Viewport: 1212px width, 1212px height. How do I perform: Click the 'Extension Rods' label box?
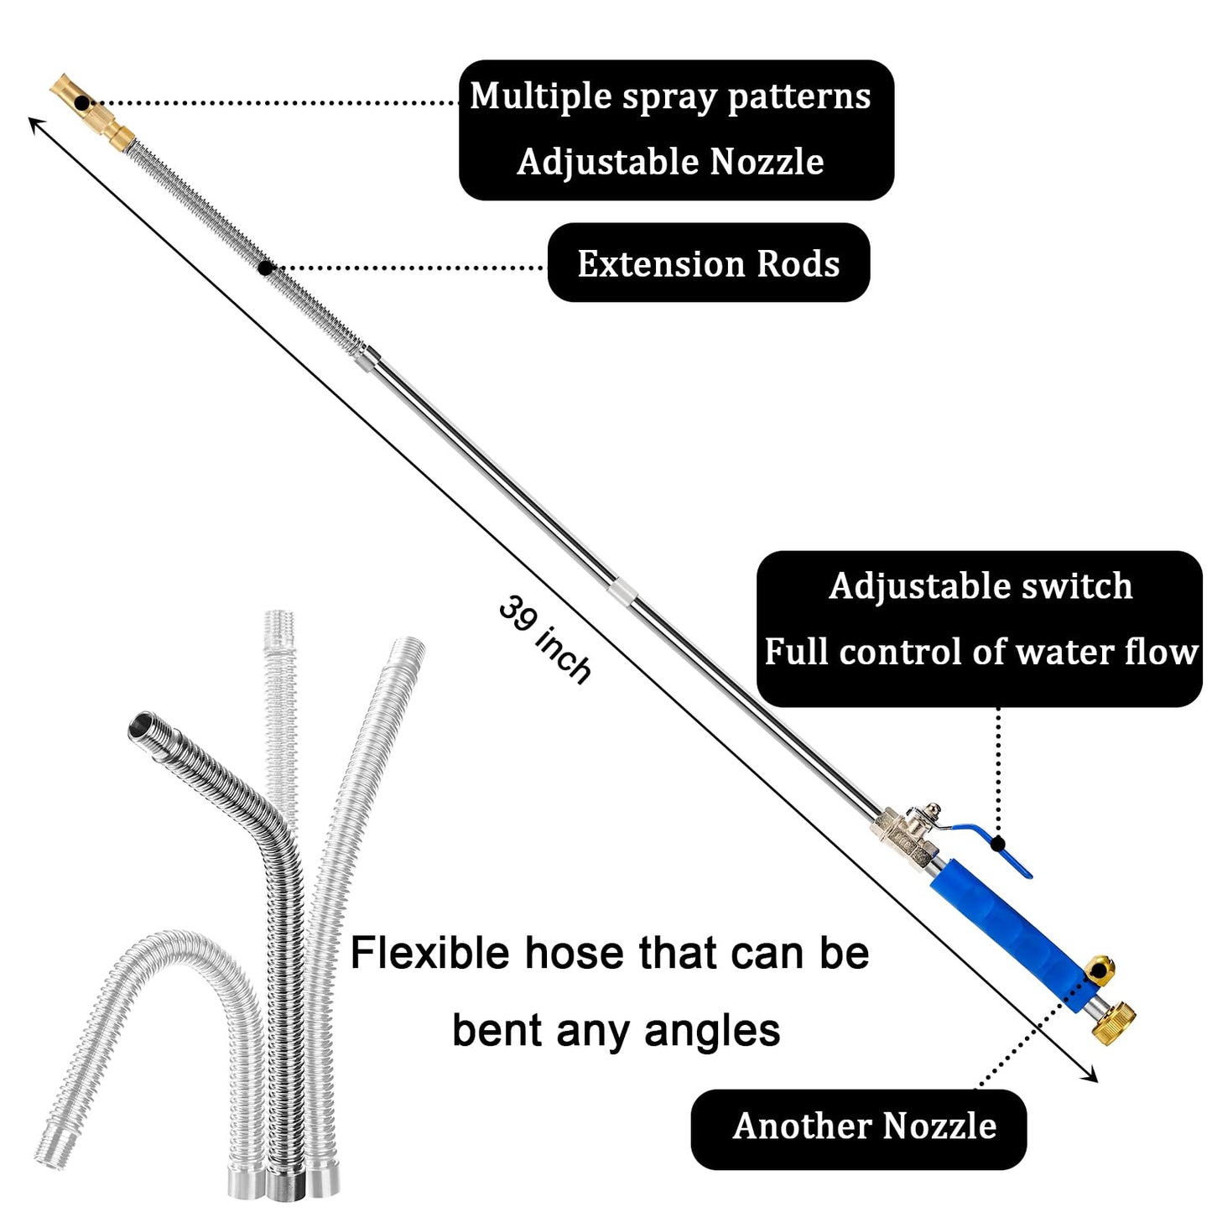pos(708,263)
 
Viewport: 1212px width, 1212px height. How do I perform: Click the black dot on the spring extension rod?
pos(265,268)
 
